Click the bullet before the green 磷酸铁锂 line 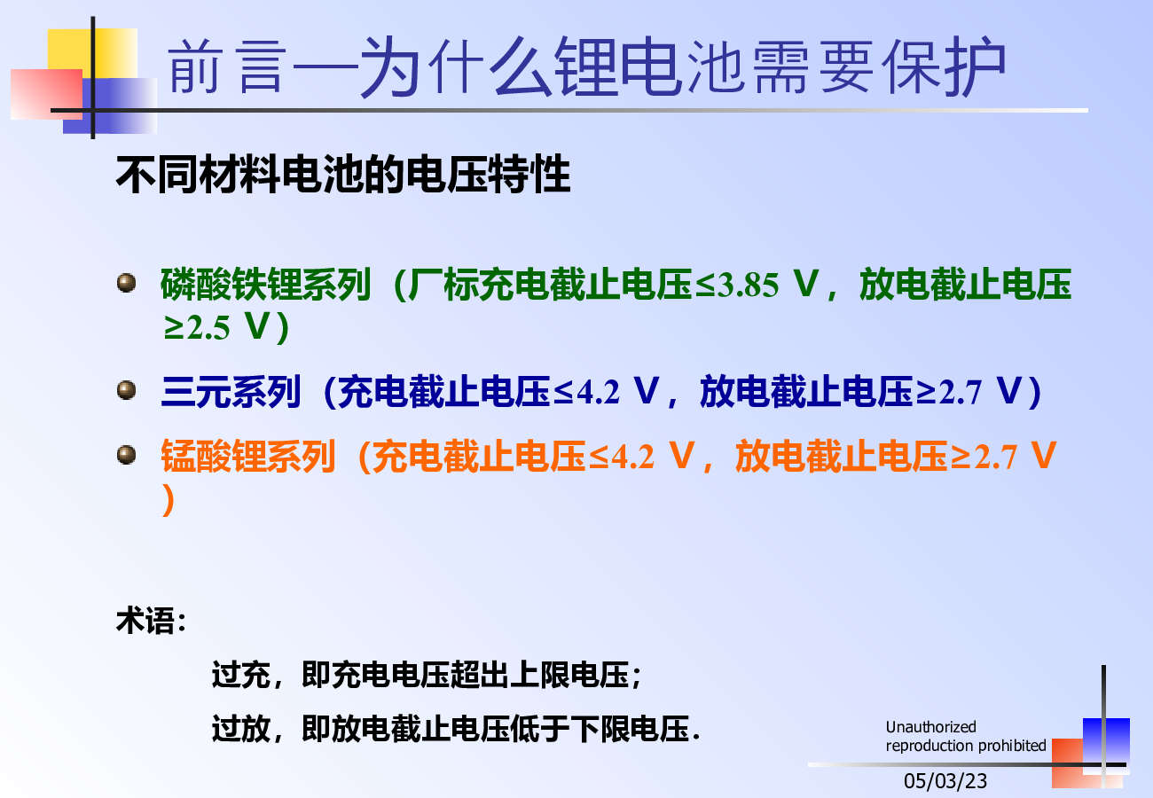click(x=126, y=283)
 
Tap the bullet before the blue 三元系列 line click(x=126, y=389)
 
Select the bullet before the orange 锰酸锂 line click(x=126, y=454)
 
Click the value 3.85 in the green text click(x=748, y=286)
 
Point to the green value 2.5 click(x=208, y=328)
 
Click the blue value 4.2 click(x=598, y=393)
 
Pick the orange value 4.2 click(x=632, y=458)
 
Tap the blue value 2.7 click(x=961, y=393)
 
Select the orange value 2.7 click(x=995, y=458)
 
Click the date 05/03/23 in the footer click(x=945, y=781)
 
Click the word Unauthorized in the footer click(x=930, y=727)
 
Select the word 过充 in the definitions click(x=241, y=675)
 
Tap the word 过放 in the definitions click(x=241, y=729)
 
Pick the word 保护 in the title click(x=944, y=66)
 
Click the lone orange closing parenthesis click(x=169, y=499)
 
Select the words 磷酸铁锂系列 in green click(x=265, y=285)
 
